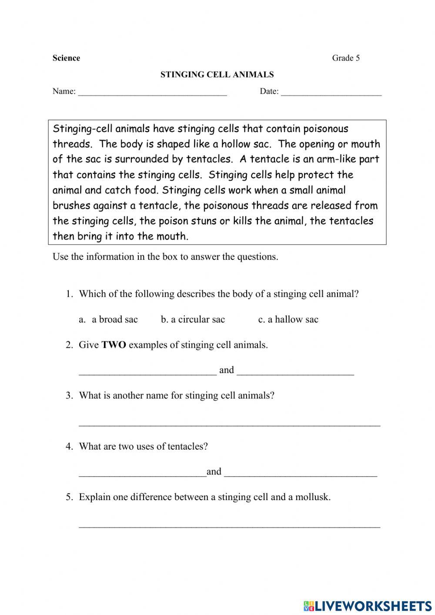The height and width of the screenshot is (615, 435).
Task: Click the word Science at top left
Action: [x=66, y=58]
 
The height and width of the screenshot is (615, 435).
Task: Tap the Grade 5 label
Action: [x=346, y=58]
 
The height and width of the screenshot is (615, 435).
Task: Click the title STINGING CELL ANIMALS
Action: [x=217, y=74]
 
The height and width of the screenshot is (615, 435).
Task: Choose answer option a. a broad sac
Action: [x=109, y=319]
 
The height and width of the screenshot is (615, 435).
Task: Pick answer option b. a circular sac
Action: [x=193, y=319]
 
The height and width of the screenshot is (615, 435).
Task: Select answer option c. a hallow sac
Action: [x=288, y=319]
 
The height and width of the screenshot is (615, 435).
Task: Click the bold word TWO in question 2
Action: [x=114, y=345]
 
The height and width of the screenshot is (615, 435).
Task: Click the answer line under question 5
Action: [x=229, y=525]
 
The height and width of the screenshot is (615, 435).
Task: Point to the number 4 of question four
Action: [x=68, y=447]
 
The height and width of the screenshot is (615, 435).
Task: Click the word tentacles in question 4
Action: [x=187, y=447]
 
